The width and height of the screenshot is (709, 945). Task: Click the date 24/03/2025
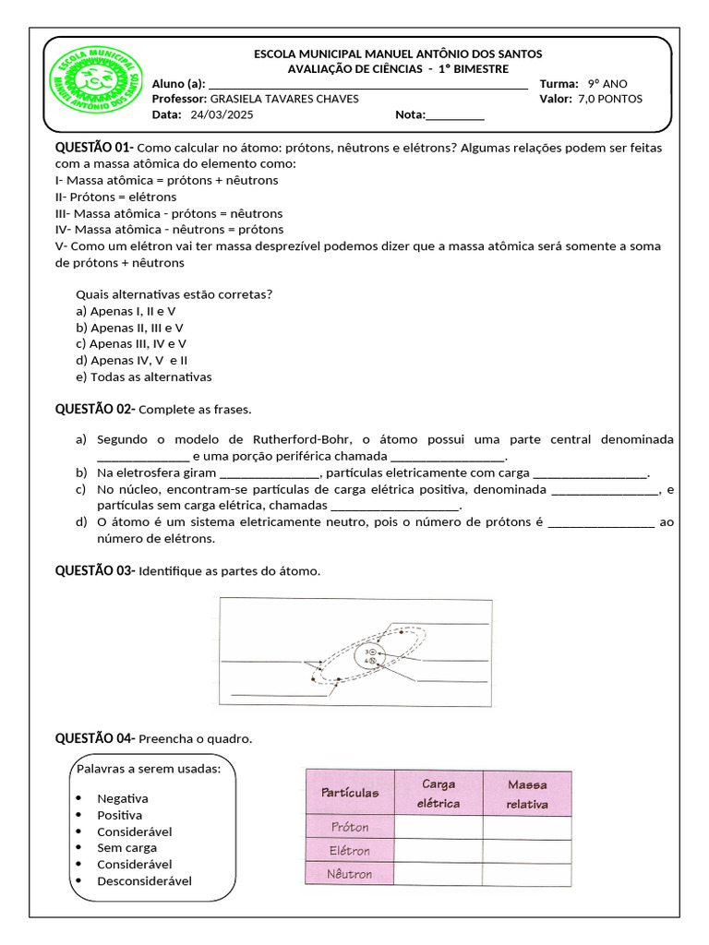222,115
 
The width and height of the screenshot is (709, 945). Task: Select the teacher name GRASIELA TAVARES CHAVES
284,100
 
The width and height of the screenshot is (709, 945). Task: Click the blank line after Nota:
455,116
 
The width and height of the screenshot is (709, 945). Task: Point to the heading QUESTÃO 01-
95,148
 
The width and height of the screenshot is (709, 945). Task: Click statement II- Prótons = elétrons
116,197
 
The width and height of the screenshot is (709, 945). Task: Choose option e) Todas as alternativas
144,377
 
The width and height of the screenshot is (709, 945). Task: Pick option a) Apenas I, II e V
126,311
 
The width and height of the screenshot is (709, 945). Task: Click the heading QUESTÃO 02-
95,409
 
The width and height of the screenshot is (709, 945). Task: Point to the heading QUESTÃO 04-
95,738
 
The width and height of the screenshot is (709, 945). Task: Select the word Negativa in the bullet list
123,798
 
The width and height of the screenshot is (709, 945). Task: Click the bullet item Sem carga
127,847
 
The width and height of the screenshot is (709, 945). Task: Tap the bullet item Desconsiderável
144,880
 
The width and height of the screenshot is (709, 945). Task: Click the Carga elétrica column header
439,794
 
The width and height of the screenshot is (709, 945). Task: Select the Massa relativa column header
526,794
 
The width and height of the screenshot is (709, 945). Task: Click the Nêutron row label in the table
350,873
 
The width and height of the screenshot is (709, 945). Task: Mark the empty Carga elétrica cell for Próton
439,828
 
